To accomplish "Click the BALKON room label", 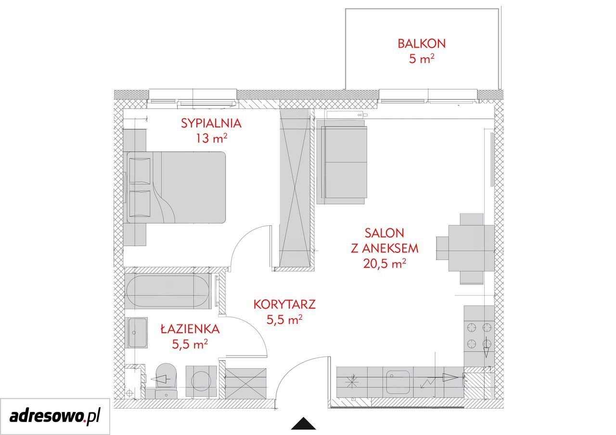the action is (421, 44).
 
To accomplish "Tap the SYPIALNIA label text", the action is (211, 124).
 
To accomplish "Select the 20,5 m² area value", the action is (385, 263).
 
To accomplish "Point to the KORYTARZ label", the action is (284, 304).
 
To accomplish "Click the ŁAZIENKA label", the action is (190, 329).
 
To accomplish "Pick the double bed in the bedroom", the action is (176, 187).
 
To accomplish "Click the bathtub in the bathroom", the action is (168, 291).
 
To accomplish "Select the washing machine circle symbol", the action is (201, 381).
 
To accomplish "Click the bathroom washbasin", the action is (136, 333).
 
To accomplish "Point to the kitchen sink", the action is (398, 382).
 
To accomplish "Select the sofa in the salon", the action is (342, 162).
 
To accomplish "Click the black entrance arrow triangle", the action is (303, 423).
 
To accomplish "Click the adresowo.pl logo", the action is (55, 416).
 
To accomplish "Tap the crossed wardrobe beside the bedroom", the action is (295, 188).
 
